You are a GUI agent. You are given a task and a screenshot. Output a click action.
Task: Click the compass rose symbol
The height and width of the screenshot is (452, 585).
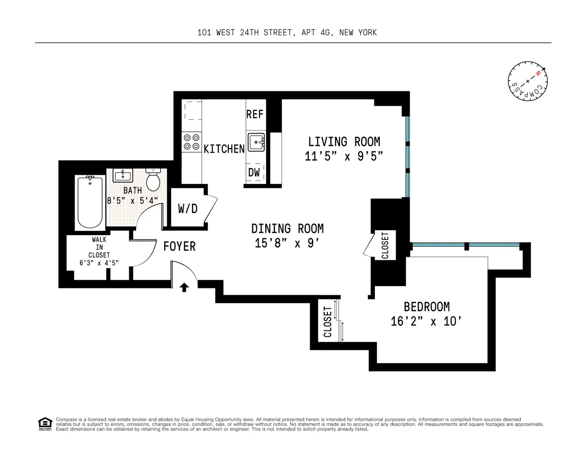point(527,82)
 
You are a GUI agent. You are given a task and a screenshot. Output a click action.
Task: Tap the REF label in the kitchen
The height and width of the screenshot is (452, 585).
point(255,114)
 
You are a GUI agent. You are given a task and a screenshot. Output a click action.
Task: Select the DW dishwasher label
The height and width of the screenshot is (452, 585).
point(254,172)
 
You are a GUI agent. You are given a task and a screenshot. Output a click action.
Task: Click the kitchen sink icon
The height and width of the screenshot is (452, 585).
point(256,142)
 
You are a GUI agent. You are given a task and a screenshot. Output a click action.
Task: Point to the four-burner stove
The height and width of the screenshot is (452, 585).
point(191,141)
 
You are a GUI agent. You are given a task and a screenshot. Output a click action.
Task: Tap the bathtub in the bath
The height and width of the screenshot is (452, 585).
point(90,202)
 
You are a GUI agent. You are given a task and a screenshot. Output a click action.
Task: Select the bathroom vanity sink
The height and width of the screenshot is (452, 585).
point(122,175)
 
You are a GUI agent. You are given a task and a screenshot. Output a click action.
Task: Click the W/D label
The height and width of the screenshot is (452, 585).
point(188,209)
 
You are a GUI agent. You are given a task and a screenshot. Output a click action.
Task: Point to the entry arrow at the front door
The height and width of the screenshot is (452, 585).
point(184,287)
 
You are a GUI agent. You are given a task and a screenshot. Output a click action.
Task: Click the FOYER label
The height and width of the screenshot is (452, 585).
point(179,246)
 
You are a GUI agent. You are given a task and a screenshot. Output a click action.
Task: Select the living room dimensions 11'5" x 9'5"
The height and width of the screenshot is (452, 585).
point(344,156)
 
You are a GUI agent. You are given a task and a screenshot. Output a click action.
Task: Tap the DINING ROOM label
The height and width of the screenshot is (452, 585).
point(287,228)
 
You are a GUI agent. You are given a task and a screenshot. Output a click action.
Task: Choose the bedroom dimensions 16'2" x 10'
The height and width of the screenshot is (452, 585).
point(426,321)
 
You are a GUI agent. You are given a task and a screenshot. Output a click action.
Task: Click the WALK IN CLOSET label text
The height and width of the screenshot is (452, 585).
point(99,247)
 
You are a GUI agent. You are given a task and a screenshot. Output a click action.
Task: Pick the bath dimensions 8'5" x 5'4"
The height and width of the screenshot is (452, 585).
point(132,200)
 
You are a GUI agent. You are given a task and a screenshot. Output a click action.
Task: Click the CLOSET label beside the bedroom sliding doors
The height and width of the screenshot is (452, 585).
point(328,322)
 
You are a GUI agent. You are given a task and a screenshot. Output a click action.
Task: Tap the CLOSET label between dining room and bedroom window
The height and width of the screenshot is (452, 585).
point(385,245)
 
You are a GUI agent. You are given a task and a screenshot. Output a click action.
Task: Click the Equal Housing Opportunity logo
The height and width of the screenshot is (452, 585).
point(45,424)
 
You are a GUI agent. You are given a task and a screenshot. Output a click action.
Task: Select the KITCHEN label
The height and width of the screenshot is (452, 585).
point(224,149)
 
